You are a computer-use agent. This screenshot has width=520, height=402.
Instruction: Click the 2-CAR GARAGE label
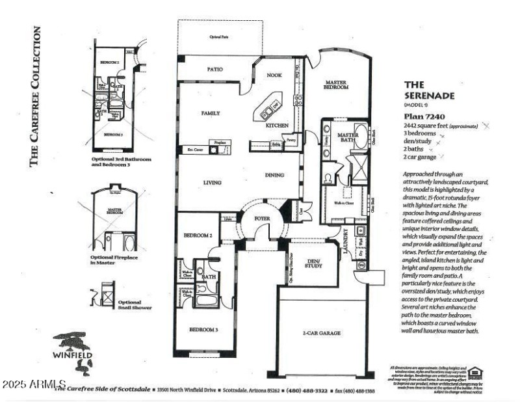(322, 333)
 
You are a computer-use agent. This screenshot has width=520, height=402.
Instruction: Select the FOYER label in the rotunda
(262, 219)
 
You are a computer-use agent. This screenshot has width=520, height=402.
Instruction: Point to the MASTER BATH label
(348, 138)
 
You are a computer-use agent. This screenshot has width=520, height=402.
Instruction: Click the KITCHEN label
(277, 125)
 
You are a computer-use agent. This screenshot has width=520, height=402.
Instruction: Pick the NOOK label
(274, 75)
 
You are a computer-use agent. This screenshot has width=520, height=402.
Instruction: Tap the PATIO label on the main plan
(215, 68)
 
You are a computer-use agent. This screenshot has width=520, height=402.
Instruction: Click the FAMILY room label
(210, 113)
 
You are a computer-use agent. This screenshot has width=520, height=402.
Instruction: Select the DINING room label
(275, 175)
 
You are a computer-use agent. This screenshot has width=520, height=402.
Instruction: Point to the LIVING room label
(211, 183)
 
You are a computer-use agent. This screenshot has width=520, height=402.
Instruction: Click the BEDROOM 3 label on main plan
(203, 330)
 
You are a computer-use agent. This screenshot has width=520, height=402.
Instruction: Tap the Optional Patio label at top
(220, 37)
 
